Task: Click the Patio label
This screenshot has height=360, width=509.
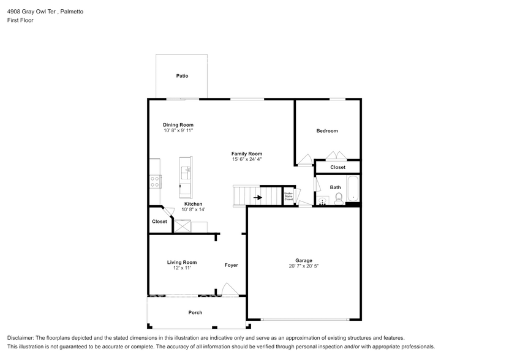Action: [182, 76]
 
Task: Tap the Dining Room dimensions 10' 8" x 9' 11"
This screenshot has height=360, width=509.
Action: [178, 130]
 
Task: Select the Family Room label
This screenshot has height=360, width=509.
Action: [246, 154]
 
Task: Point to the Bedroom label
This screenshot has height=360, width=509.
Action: [326, 130]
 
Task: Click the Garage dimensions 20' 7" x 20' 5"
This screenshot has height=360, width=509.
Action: [303, 266]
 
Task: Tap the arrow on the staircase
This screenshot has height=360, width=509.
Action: [258, 197]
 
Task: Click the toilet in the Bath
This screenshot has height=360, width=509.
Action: [338, 198]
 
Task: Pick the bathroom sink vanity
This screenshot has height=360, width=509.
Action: [322, 200]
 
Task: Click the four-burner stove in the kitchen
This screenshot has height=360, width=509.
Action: [155, 181]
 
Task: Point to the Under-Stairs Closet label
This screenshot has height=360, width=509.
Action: [288, 197]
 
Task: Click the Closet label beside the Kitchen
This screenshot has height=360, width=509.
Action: [159, 222]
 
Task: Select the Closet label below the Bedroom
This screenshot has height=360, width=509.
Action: [337, 167]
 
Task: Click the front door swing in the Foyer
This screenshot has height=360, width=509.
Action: [228, 288]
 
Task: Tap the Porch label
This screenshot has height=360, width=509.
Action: [195, 313]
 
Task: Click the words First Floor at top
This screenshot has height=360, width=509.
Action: [20, 20]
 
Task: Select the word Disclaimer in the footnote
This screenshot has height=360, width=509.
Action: [20, 338]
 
